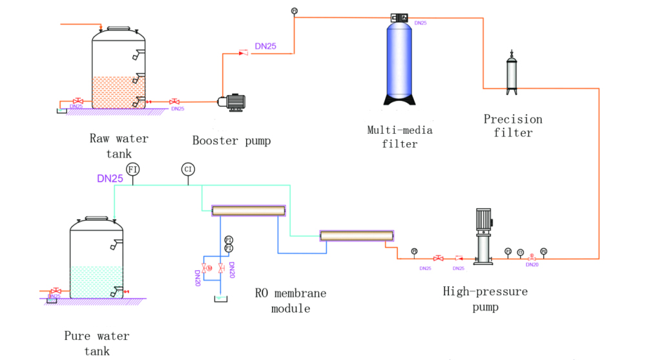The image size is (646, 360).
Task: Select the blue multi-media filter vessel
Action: coord(400,61)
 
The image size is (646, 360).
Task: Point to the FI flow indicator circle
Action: coord(133,169)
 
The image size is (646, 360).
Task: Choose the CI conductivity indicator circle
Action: coord(189,169)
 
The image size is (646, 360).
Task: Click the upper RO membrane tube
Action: coord(249,210)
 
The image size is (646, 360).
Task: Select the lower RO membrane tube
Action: coord(357,235)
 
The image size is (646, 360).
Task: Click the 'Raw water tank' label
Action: coord(119,146)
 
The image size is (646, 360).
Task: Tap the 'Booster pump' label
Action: coord(231,141)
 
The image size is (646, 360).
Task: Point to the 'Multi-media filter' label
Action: coord(400,137)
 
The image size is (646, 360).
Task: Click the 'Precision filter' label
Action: coord(513,126)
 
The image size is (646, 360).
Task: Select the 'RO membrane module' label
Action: coord(291,301)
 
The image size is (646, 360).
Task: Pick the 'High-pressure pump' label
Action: coord(485,299)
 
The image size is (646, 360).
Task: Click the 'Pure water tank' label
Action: coord(97,343)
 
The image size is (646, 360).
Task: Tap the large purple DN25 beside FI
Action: coord(110,179)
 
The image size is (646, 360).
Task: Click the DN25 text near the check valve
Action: coord(267,47)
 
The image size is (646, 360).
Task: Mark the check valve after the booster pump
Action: coord(244,53)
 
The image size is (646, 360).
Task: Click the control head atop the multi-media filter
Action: coord(401,18)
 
